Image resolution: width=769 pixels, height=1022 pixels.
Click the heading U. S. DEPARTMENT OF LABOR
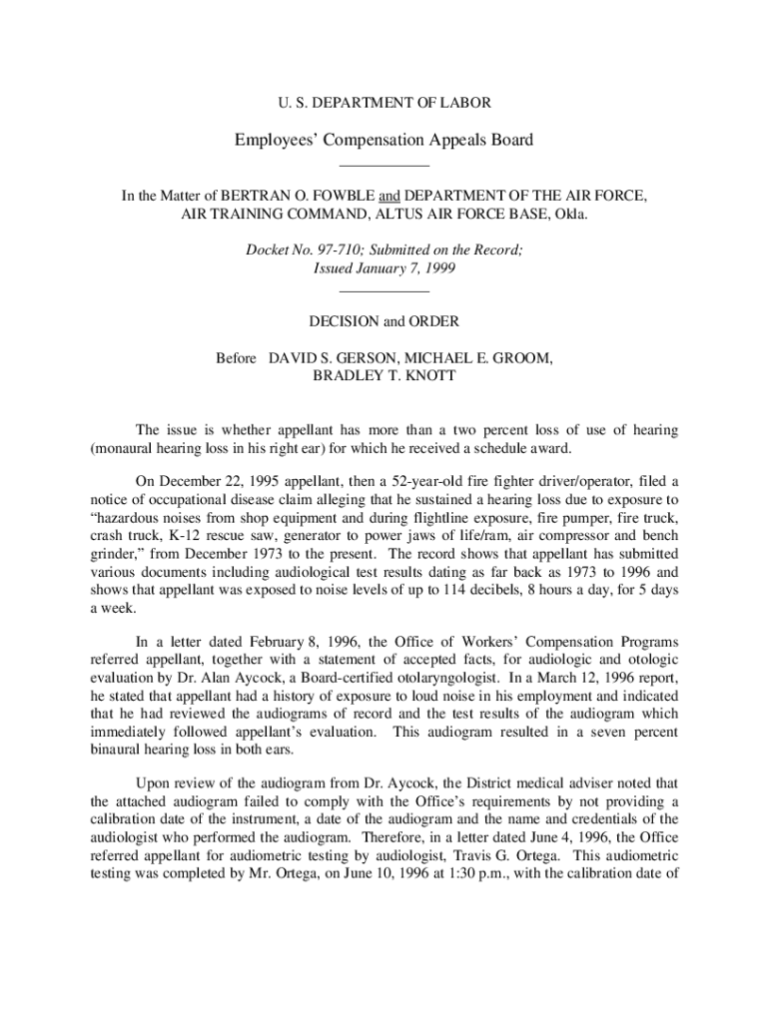click(x=384, y=102)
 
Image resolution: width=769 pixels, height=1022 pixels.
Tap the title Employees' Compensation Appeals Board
click(x=384, y=140)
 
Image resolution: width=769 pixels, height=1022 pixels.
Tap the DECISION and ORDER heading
click(x=384, y=321)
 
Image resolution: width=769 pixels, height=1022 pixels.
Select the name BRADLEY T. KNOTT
click(x=384, y=375)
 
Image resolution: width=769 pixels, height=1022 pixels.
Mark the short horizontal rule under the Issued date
click(x=384, y=290)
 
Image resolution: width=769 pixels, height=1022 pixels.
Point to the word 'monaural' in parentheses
click(x=124, y=448)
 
